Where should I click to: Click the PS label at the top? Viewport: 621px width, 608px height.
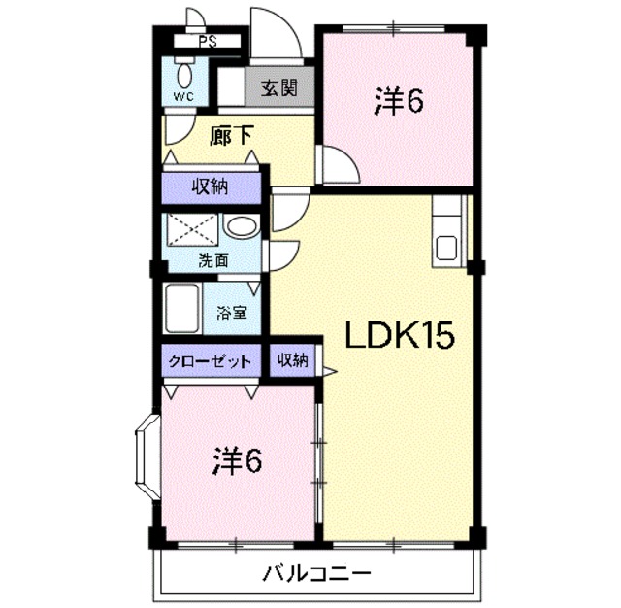point(207,42)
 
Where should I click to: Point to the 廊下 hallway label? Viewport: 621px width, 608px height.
point(231,136)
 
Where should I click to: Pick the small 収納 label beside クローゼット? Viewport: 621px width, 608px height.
point(292,360)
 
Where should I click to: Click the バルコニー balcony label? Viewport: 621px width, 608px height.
point(316,573)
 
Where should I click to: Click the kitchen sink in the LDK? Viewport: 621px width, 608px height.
point(446,248)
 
